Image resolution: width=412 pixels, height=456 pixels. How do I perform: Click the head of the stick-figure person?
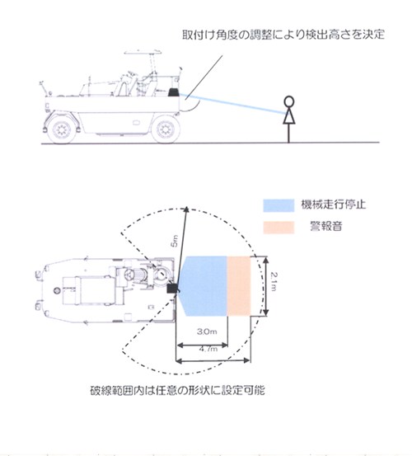[x=288, y=101]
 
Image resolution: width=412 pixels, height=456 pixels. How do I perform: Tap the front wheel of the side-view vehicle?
[x=166, y=128]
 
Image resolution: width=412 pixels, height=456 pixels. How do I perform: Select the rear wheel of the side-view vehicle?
[x=60, y=128]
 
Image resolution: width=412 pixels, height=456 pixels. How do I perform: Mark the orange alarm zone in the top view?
[x=239, y=285]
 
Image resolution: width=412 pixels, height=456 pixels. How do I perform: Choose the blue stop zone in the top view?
[x=203, y=285]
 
